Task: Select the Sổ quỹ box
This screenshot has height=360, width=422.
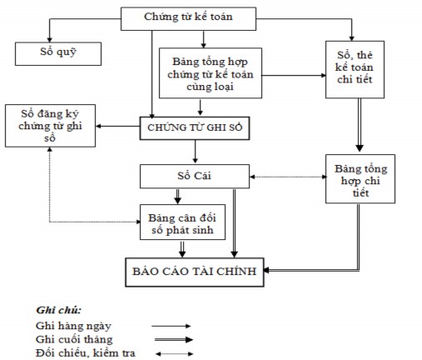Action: click(x=58, y=54)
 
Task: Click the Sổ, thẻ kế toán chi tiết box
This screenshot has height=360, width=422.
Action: click(x=351, y=70)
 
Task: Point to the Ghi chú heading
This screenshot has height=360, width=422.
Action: click(x=53, y=310)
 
